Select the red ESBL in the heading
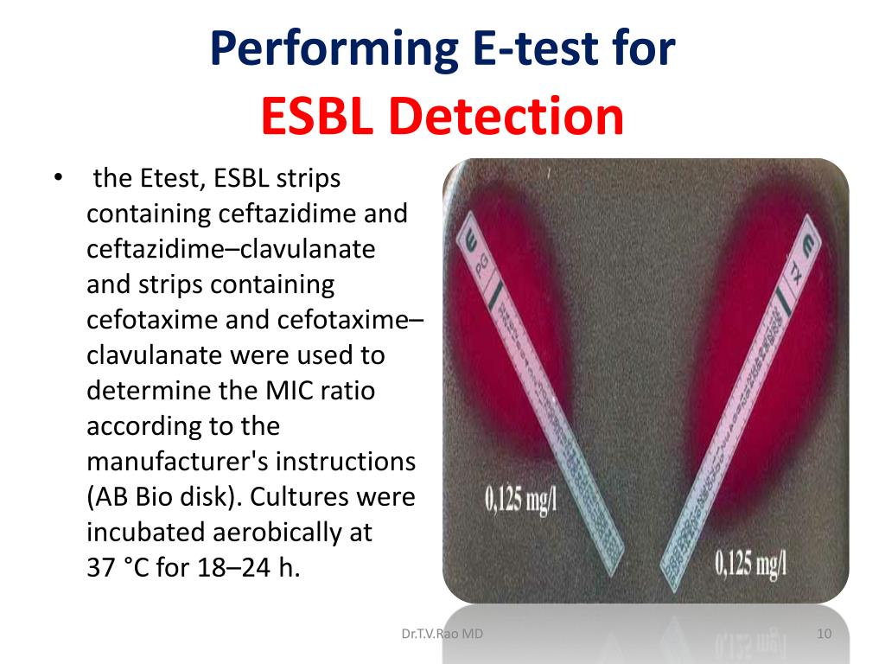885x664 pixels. [317, 117]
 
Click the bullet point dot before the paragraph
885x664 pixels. [58, 178]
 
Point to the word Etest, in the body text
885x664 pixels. [169, 179]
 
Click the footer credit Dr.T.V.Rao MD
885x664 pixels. [442, 635]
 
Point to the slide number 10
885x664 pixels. [824, 635]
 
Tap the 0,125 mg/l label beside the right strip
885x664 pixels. [751, 564]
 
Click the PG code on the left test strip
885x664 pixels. [482, 276]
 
